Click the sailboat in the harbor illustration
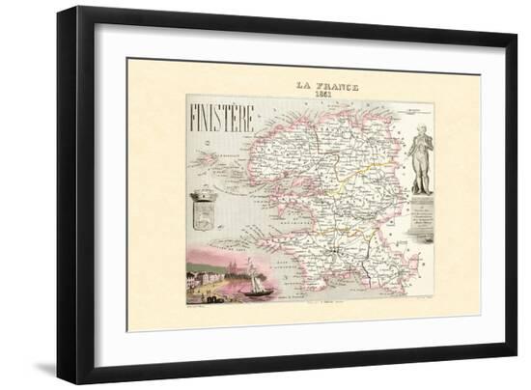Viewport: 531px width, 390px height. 260,279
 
